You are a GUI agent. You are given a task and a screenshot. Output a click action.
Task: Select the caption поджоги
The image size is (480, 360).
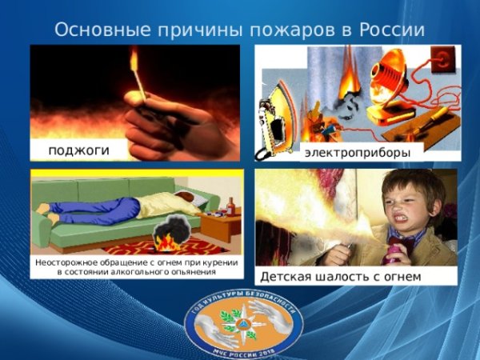click(x=78, y=150)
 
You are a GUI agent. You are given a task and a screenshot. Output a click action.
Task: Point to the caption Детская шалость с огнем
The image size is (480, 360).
click(x=340, y=277)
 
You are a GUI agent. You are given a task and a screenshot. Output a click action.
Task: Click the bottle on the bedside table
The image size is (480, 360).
click(x=232, y=207)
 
